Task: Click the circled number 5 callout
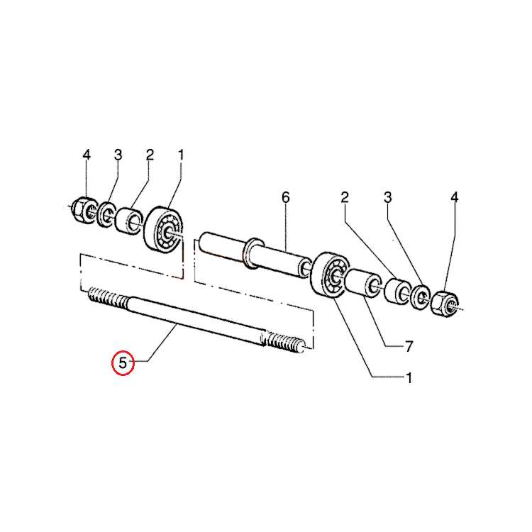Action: (x=123, y=362)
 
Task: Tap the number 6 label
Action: (x=286, y=197)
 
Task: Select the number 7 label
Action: (x=409, y=346)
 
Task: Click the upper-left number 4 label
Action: (x=87, y=155)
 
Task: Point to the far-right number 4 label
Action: (x=455, y=197)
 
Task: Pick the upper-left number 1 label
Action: (x=181, y=155)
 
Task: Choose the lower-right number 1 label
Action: (x=409, y=377)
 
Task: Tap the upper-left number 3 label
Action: (x=118, y=155)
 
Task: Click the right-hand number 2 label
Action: (x=345, y=197)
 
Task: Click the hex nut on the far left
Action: (x=83, y=210)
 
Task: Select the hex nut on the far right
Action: (x=445, y=304)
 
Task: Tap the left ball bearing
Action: (x=164, y=228)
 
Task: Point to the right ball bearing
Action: (x=329, y=275)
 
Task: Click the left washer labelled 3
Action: (x=106, y=214)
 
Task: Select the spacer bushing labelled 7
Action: (x=364, y=284)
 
